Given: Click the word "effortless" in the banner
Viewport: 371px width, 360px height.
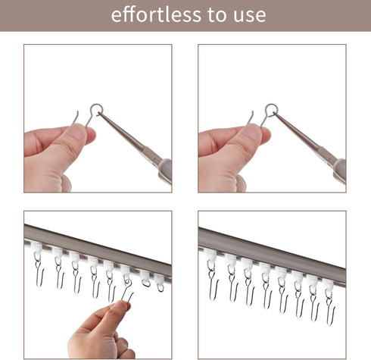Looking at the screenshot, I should click(x=153, y=14).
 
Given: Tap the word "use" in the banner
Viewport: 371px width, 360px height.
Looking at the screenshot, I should click(x=247, y=15).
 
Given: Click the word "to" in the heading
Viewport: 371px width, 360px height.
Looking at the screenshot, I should click(x=209, y=15).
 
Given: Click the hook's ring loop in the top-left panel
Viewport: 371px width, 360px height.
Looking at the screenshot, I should click(x=95, y=109).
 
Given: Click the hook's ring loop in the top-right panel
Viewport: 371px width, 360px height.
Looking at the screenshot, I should click(x=271, y=109).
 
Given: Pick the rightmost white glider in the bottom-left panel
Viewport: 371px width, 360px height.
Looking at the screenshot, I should click(x=160, y=279).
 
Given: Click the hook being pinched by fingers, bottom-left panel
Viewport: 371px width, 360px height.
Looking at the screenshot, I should click(x=126, y=295).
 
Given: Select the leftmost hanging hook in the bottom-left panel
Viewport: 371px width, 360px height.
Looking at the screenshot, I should click(x=38, y=269).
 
